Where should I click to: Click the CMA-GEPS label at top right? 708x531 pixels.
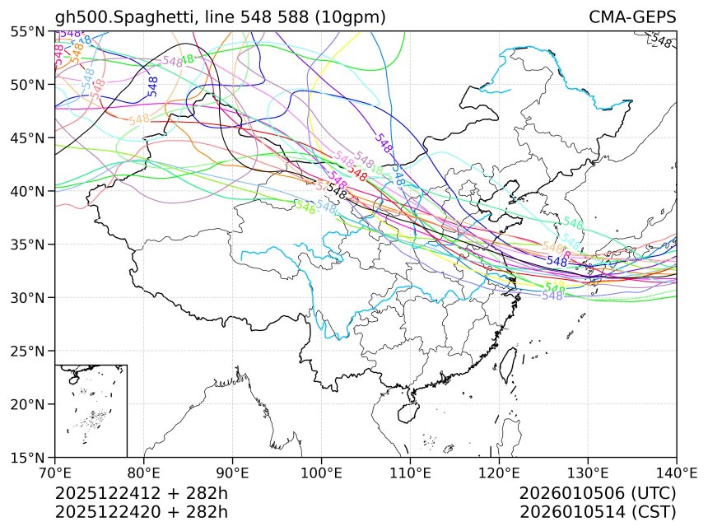pyautogui.click(x=632, y=17)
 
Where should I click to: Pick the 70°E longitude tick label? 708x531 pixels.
pyautogui.click(x=55, y=473)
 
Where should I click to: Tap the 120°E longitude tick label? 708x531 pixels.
pyautogui.click(x=499, y=473)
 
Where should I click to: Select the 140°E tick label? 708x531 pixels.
pyautogui.click(x=676, y=473)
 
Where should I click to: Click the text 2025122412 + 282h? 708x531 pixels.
pyautogui.click(x=141, y=494)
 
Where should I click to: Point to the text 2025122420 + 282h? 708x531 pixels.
pyautogui.click(x=141, y=512)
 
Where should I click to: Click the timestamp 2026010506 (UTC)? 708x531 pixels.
pyautogui.click(x=598, y=494)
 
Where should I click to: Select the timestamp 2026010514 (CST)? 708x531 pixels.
pyautogui.click(x=598, y=512)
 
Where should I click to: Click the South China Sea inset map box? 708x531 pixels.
pyautogui.click(x=91, y=410)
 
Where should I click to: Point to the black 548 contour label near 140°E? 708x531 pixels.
pyautogui.click(x=661, y=40)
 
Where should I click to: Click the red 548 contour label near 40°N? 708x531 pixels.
pyautogui.click(x=357, y=175)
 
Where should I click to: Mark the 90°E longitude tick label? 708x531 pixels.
pyautogui.click(x=233, y=473)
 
